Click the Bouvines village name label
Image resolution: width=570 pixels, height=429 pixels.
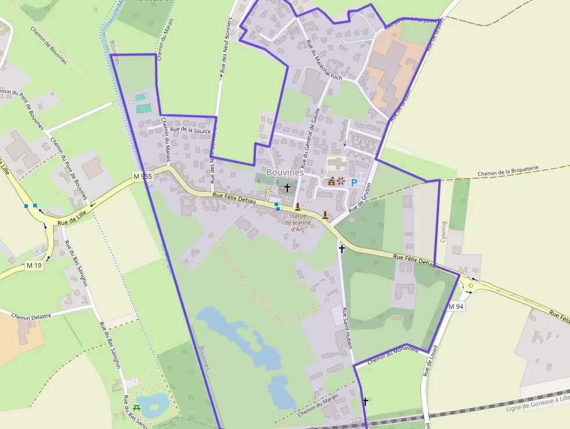(285, 172)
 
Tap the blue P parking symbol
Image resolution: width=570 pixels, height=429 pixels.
(354, 182)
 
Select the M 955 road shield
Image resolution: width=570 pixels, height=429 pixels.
(142, 176)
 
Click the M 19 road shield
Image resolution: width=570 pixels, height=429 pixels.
(34, 265)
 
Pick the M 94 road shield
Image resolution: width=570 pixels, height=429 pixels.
(456, 306)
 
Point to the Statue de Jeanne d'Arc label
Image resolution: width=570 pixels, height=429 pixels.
(297, 222)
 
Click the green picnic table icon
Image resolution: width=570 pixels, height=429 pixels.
(137, 407)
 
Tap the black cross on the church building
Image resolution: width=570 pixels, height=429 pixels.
(287, 188)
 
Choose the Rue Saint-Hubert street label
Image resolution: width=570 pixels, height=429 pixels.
(347, 328)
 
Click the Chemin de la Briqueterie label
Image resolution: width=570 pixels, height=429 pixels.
(508, 171)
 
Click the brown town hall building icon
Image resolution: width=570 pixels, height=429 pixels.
(332, 182)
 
